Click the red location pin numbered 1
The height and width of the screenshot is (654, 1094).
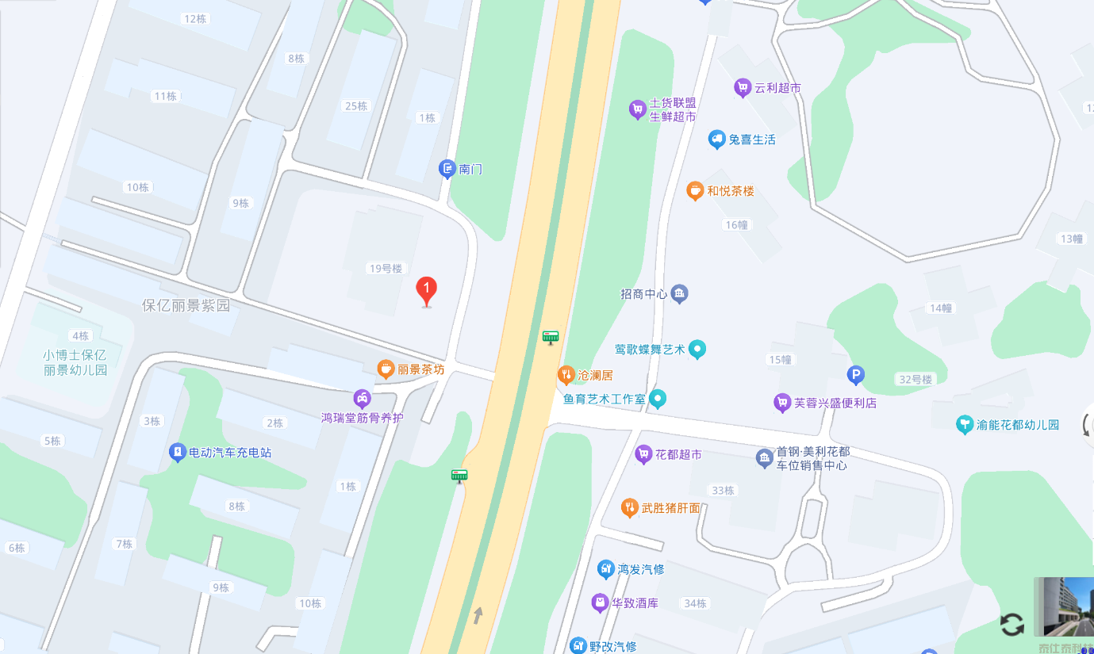click(427, 290)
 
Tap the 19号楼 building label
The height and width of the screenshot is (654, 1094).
click(386, 268)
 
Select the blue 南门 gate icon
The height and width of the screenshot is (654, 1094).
click(447, 168)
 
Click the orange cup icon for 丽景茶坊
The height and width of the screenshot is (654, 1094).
click(386, 369)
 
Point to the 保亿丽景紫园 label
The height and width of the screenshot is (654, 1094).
click(186, 305)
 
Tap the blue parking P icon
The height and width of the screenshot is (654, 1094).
click(855, 375)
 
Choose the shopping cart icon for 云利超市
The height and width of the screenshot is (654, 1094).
click(743, 88)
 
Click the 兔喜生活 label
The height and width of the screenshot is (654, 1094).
click(752, 140)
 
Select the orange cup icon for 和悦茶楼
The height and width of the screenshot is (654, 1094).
click(695, 190)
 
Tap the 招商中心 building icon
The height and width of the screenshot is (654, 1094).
click(679, 294)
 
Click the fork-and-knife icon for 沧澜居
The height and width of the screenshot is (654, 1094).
click(566, 374)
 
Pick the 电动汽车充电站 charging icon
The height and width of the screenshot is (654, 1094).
click(178, 453)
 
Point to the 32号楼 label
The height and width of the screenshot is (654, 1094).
click(916, 380)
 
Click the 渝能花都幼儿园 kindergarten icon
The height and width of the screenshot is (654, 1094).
click(965, 424)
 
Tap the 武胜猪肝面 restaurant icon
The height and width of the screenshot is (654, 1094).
click(630, 507)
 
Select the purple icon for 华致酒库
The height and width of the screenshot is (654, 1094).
click(600, 603)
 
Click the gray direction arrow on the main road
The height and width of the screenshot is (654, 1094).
click(478, 614)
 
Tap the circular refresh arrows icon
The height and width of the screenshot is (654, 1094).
click(1011, 624)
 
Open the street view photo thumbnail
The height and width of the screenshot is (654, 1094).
click(1064, 606)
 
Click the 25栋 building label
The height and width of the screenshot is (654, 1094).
click(356, 106)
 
